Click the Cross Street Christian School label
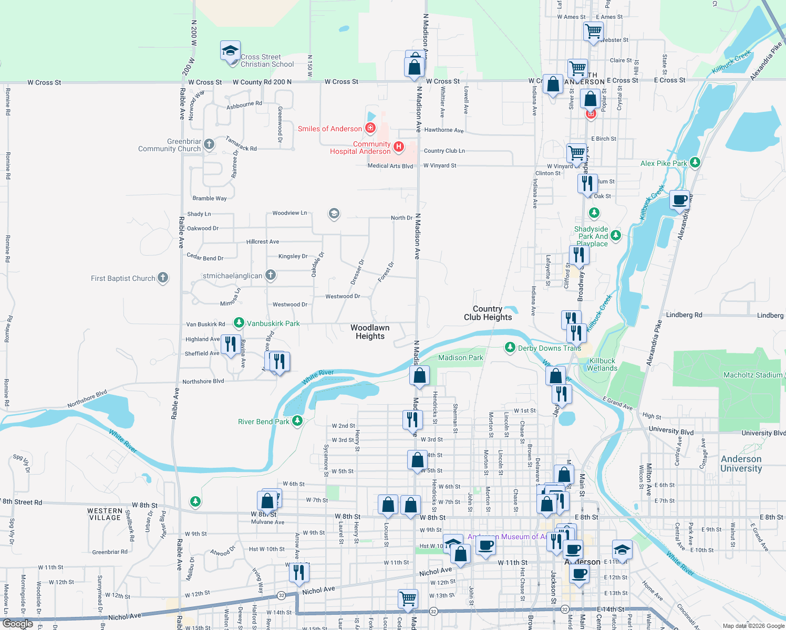[x=267, y=61]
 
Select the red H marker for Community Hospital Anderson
[x=399, y=147]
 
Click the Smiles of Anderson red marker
[x=370, y=128]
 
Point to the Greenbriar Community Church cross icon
[x=209, y=144]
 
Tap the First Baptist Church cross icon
[x=163, y=278]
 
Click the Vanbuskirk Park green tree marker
[x=239, y=322]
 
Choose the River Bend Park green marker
[x=297, y=421]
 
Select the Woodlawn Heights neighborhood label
[x=370, y=332]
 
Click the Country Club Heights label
[x=488, y=313]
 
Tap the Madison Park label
[x=460, y=358]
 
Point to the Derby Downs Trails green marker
[x=510, y=347]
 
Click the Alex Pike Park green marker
[x=695, y=163]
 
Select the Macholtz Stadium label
[x=752, y=375]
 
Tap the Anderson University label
[x=741, y=464]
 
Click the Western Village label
[x=105, y=514]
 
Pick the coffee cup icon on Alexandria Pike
[x=679, y=200]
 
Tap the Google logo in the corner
[x=18, y=624]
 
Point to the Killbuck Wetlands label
[x=602, y=364]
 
